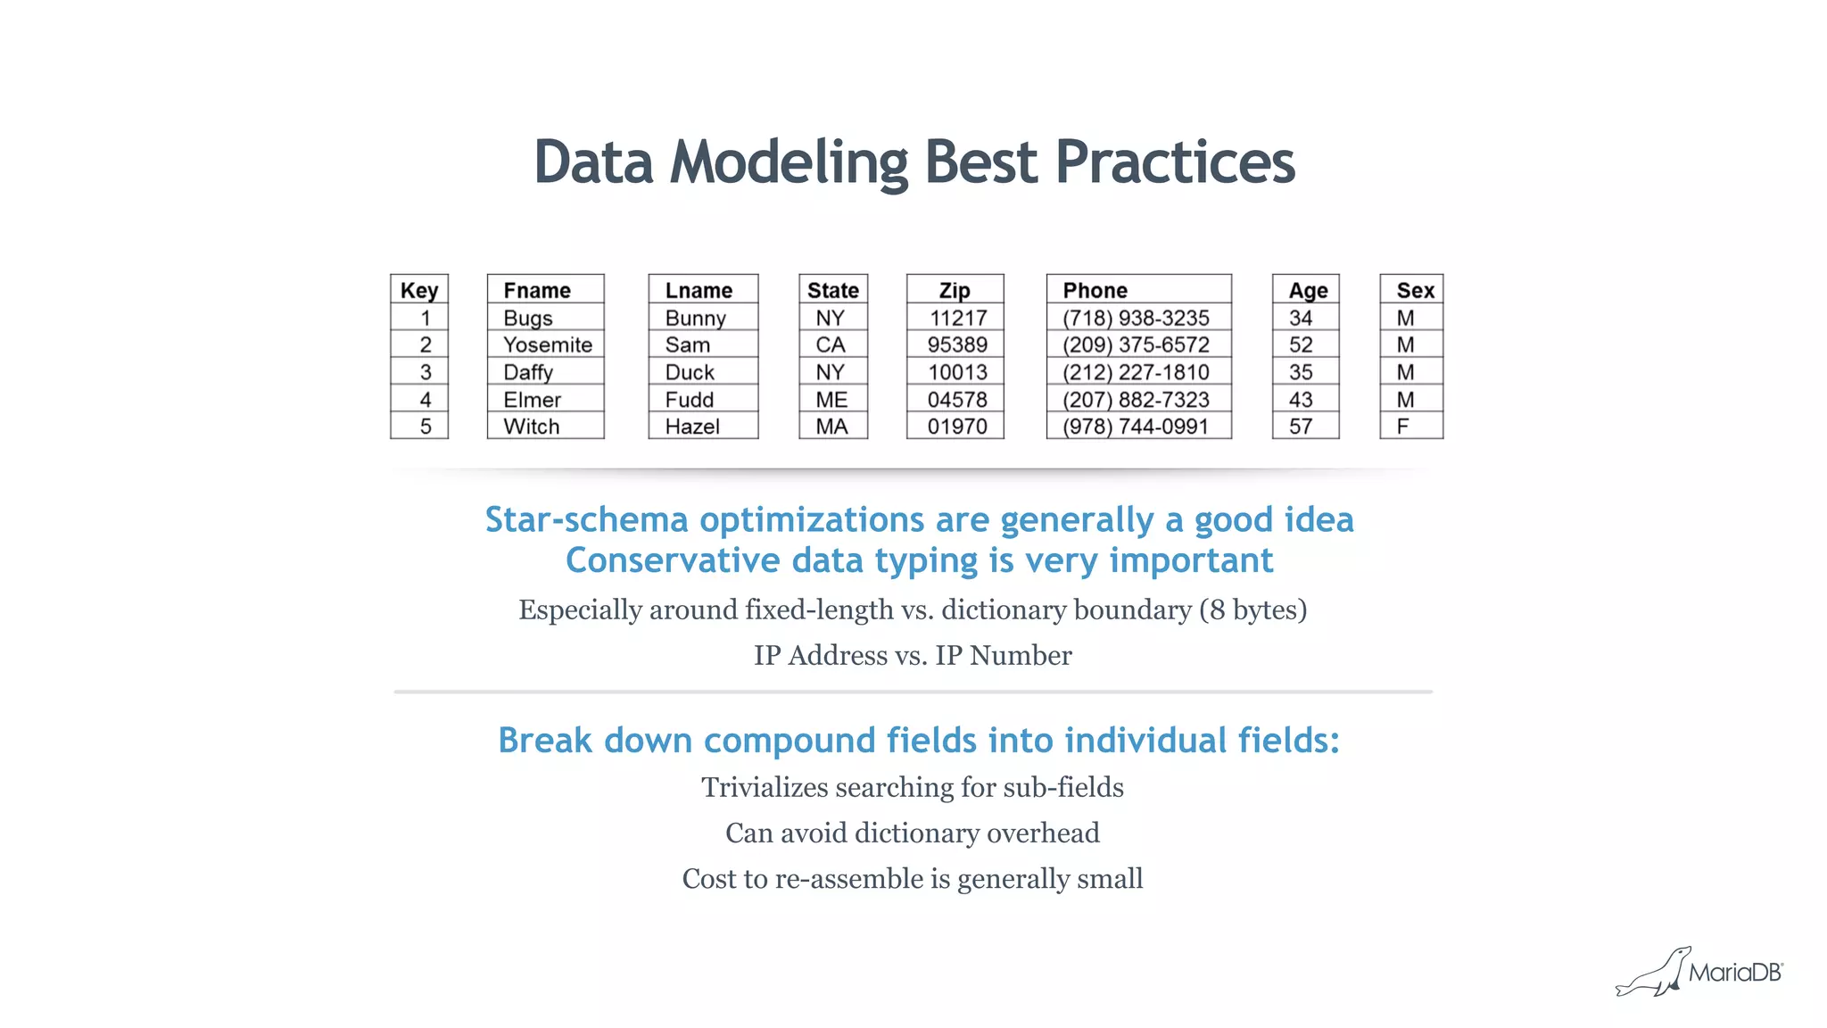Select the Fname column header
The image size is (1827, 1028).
pyautogui.click(x=537, y=290)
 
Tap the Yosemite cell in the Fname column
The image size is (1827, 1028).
pyautogui.click(x=547, y=344)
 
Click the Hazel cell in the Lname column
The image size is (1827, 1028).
pyautogui.click(x=692, y=427)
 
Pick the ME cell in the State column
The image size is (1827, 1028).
pyautogui.click(x=831, y=400)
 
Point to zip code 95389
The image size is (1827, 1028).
pyautogui.click(x=957, y=344)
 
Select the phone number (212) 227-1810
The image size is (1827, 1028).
pyautogui.click(x=1136, y=372)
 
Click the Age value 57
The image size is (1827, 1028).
pyautogui.click(x=1301, y=427)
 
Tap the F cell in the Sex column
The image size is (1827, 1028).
pyautogui.click(x=1403, y=427)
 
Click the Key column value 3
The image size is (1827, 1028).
pyautogui.click(x=426, y=372)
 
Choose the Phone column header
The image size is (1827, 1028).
pyautogui.click(x=1095, y=290)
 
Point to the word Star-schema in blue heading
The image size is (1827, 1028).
pyautogui.click(x=586, y=519)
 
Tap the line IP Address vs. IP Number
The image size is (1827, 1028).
pyautogui.click(x=913, y=655)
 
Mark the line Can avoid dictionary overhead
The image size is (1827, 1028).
pyautogui.click(x=913, y=833)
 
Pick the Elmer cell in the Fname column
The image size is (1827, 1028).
pyautogui.click(x=533, y=400)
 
